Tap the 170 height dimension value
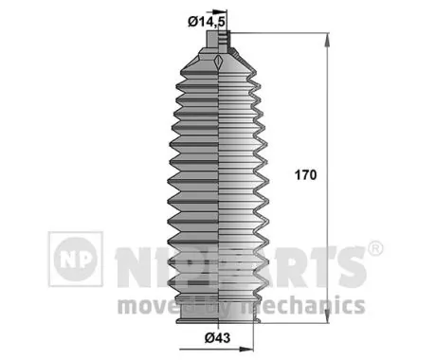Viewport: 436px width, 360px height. pyautogui.click(x=306, y=176)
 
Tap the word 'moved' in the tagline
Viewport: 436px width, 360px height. pyautogui.click(x=149, y=305)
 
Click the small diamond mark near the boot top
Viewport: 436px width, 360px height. pyautogui.click(x=219, y=63)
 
